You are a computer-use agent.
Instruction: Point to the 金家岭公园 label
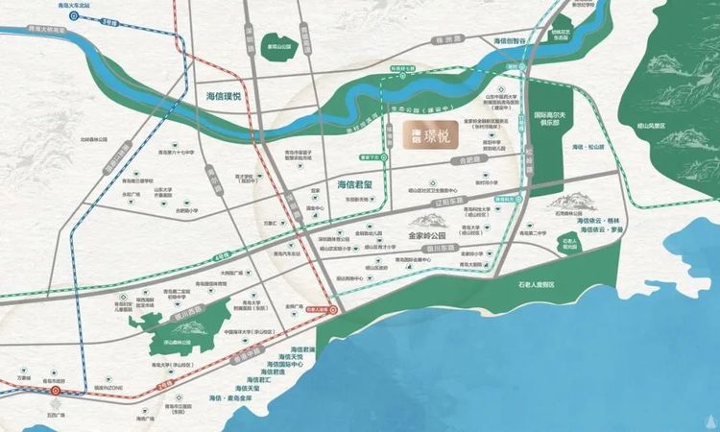pos(428,233)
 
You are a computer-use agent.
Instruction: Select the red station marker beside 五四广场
pos(57,391)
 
